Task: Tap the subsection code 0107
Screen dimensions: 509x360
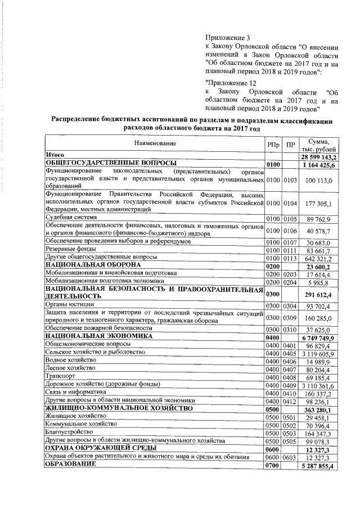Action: click(289, 241)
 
